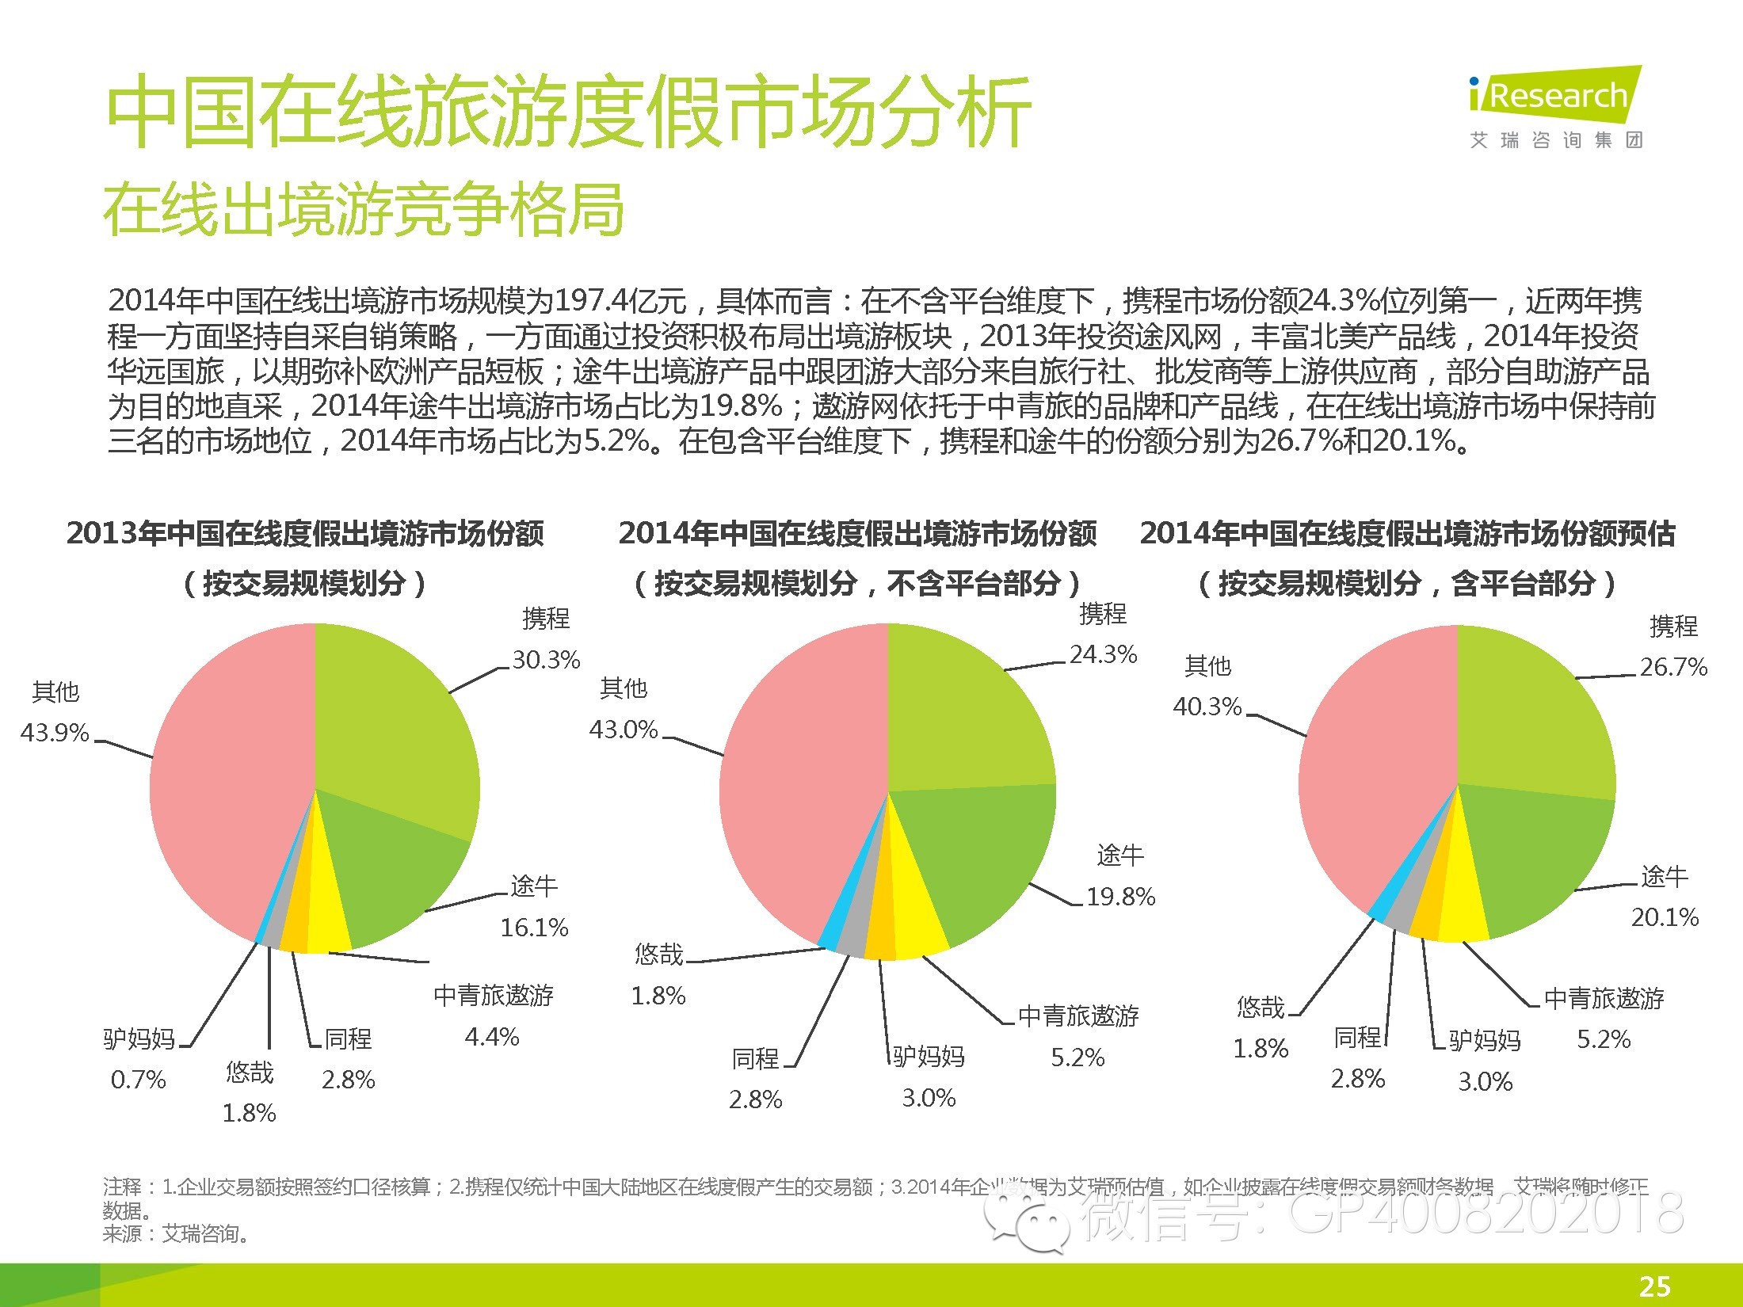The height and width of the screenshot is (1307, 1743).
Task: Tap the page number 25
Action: click(1654, 1286)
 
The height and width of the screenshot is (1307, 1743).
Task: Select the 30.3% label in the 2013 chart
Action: click(546, 660)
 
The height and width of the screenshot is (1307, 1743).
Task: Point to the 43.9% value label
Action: click(55, 733)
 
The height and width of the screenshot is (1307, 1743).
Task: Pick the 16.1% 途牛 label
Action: click(534, 927)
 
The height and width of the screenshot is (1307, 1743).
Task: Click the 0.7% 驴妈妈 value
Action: click(139, 1080)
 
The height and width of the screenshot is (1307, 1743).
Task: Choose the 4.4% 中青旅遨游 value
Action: click(492, 1037)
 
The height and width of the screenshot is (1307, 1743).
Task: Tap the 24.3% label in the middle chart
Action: click(1104, 654)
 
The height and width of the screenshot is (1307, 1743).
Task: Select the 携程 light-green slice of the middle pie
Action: click(967, 713)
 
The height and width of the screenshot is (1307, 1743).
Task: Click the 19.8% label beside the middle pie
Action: click(1120, 897)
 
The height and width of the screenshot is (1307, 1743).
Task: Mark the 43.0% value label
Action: click(624, 730)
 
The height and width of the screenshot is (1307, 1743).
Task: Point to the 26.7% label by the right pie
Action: click(1673, 667)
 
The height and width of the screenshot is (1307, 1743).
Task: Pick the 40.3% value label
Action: click(1207, 707)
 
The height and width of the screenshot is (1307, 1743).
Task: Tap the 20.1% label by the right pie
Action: click(1665, 917)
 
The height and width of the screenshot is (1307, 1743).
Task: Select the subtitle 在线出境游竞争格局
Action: click(364, 209)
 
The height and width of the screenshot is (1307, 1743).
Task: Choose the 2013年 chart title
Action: click(305, 533)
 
